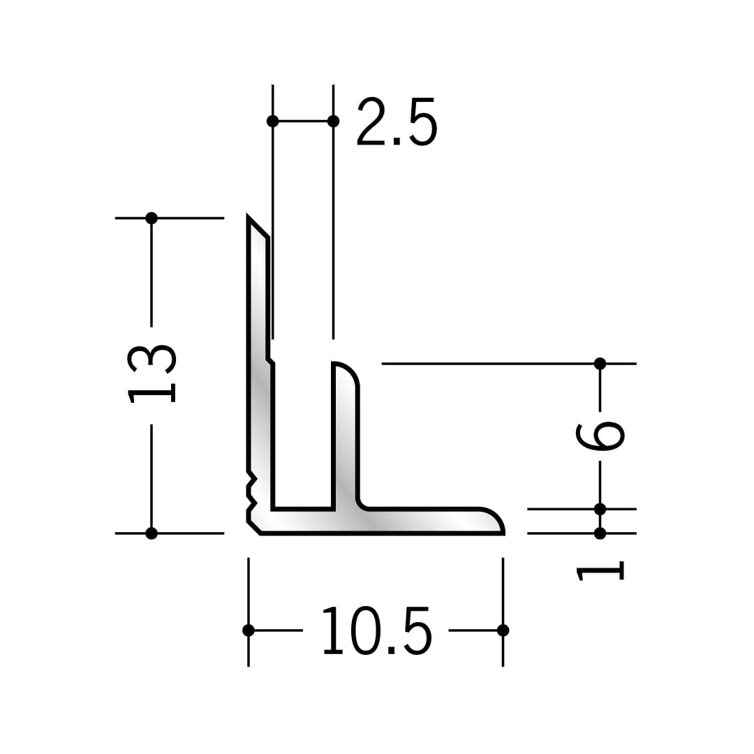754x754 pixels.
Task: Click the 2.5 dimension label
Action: [397, 122]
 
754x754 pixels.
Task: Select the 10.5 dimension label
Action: [377, 630]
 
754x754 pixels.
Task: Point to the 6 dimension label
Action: [600, 436]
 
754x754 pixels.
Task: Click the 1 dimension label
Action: [600, 571]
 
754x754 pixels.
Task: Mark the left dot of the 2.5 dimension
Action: [273, 121]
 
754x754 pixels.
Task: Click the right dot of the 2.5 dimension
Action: [333, 121]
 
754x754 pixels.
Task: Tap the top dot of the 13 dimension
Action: [151, 219]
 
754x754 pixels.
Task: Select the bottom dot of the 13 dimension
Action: [151, 533]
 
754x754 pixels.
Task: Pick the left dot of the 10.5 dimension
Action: [248, 630]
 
